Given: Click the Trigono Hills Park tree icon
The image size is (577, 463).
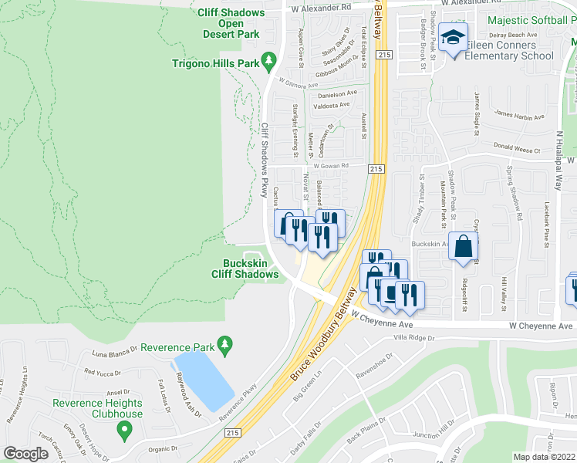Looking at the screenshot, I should pyautogui.click(x=268, y=59).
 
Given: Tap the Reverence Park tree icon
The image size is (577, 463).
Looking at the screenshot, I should pyautogui.click(x=224, y=342).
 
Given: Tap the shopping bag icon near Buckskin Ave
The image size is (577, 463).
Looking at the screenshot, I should pyautogui.click(x=464, y=247).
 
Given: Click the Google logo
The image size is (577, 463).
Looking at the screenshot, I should pyautogui.click(x=26, y=454).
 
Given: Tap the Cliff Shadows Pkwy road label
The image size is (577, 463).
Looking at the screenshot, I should pyautogui.click(x=265, y=157).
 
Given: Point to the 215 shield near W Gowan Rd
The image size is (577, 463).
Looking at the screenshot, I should pyautogui.click(x=376, y=169).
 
